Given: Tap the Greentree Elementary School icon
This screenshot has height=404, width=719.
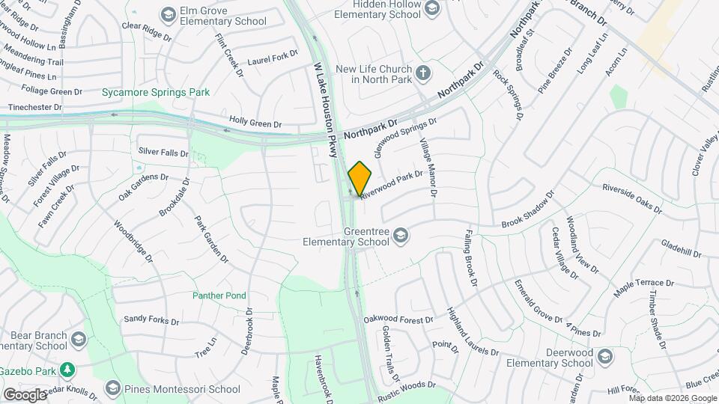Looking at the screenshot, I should tap(401, 236).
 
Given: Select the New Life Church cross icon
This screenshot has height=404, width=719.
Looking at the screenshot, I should tap(423, 73).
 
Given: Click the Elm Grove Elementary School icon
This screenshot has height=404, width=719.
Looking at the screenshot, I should tap(168, 14).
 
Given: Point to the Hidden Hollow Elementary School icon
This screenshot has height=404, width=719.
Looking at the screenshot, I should tap(431, 8).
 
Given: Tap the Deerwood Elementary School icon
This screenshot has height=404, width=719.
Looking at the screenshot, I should tap(605, 357).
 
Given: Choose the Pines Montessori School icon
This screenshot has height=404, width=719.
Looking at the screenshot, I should tap(112, 388).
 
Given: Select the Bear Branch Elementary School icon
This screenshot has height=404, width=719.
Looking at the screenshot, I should tap(78, 340).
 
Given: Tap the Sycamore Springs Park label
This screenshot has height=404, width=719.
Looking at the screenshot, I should tap(156, 92).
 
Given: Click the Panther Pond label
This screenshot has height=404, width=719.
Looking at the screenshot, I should tap(219, 296).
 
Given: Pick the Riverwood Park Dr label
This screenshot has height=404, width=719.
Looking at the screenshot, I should tap(392, 184).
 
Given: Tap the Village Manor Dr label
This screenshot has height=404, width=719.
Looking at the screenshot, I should tap(428, 168).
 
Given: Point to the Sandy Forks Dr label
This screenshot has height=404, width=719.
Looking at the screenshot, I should tap(151, 319).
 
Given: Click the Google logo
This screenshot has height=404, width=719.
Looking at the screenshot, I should tap(25, 394).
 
